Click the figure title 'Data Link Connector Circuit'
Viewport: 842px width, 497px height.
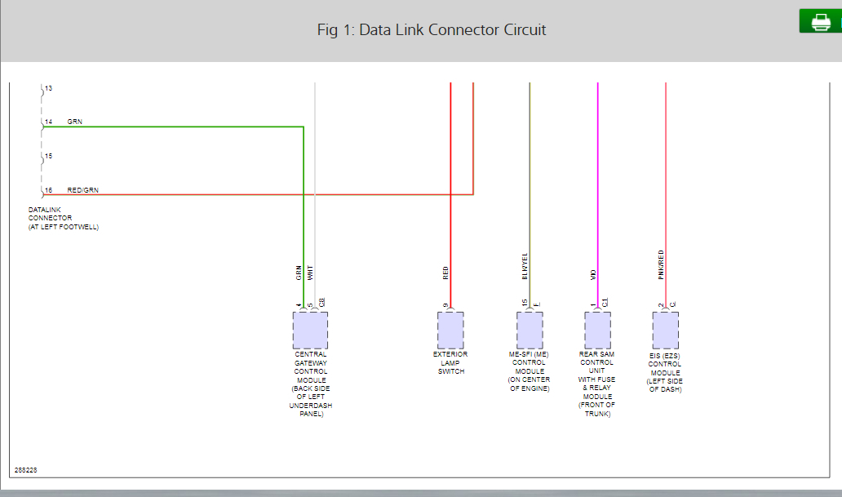(431, 30)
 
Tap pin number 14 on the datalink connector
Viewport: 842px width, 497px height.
(49, 122)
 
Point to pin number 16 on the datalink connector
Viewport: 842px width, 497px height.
(49, 190)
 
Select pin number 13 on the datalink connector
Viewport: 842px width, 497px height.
(49, 87)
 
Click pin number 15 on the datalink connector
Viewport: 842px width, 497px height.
(49, 156)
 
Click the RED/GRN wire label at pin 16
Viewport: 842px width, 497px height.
(83, 190)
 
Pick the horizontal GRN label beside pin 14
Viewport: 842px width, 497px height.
(75, 122)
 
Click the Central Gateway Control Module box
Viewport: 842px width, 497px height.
(310, 331)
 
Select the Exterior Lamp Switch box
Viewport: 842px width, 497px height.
(450, 331)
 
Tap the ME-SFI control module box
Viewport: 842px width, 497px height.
(530, 331)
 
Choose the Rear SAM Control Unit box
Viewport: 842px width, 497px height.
(597, 331)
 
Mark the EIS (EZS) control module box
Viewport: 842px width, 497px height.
(665, 331)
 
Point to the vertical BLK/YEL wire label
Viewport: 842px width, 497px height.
(525, 266)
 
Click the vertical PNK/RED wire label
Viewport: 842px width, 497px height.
(661, 264)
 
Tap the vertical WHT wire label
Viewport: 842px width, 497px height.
(310, 273)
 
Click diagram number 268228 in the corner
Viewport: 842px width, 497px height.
(25, 471)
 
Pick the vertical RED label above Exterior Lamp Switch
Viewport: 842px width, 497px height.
(445, 273)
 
